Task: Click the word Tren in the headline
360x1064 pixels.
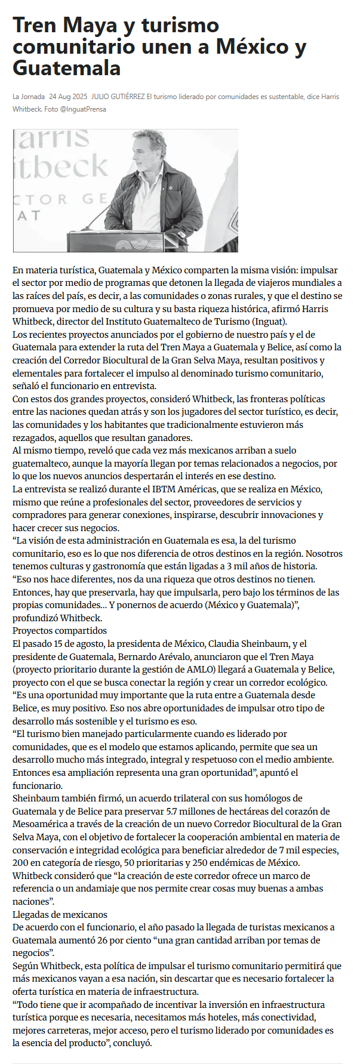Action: tap(35, 26)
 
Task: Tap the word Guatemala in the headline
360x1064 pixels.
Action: tap(66, 68)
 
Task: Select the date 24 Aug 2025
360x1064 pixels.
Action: tap(68, 97)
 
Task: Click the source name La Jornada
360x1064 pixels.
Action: tap(29, 97)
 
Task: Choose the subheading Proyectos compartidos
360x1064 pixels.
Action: tap(60, 631)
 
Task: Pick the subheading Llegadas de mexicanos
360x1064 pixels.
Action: tap(60, 915)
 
